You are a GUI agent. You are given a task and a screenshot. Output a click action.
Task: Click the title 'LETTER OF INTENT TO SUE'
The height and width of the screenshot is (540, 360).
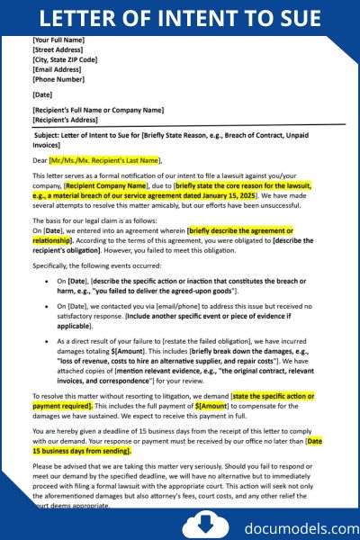point(180,18)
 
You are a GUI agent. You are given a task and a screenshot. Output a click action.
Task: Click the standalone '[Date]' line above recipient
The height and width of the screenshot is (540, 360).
point(42,94)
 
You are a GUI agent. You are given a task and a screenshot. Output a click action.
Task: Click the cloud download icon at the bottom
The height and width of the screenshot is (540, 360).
point(197,523)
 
